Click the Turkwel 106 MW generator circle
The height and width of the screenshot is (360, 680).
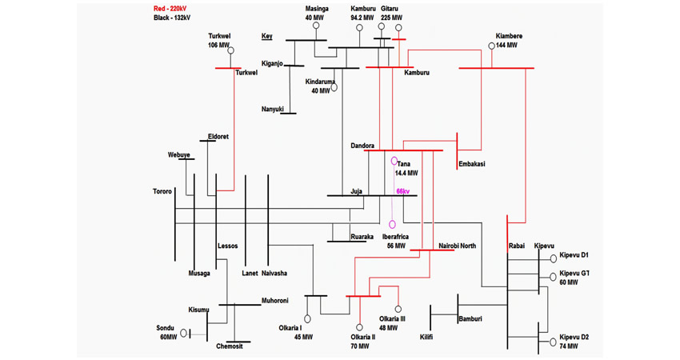click(x=230, y=51)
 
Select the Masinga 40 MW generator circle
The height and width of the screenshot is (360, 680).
click(x=316, y=26)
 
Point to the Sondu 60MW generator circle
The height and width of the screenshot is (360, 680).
click(x=184, y=333)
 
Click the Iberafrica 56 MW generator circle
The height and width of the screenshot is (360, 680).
click(x=393, y=225)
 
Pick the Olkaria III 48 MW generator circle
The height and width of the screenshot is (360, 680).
click(x=398, y=310)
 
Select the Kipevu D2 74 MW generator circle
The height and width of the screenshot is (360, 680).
click(x=553, y=342)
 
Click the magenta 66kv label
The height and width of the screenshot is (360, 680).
click(x=402, y=192)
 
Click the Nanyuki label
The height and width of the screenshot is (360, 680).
click(x=272, y=110)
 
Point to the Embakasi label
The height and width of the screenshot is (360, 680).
click(x=472, y=164)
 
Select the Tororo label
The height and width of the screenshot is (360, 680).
click(x=162, y=192)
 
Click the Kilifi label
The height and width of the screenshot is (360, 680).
click(x=426, y=337)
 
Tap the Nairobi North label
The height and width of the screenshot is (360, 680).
click(x=458, y=246)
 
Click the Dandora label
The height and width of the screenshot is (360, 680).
click(x=363, y=146)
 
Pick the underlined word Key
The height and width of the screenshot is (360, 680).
click(x=266, y=36)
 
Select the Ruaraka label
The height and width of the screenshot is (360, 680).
click(x=362, y=237)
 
